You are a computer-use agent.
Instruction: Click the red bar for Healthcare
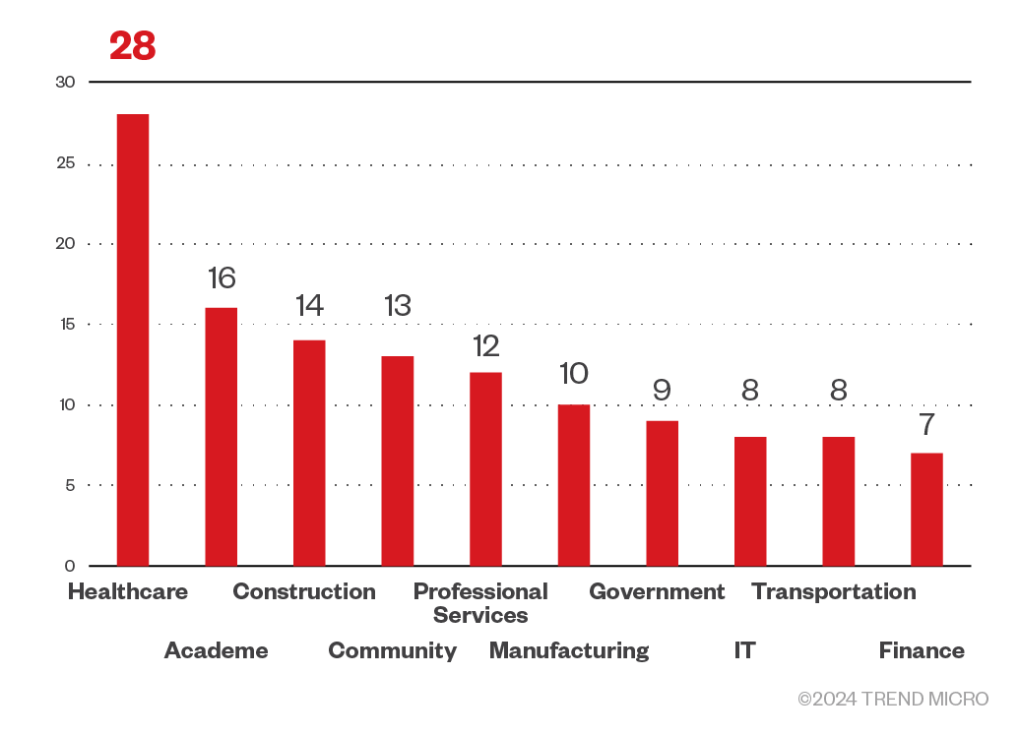(x=133, y=339)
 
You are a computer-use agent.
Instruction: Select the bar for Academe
(x=221, y=437)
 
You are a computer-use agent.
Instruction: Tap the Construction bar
(x=309, y=453)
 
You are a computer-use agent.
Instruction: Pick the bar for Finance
(x=926, y=509)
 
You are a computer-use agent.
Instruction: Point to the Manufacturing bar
(x=574, y=485)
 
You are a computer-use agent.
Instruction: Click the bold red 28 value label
(x=133, y=46)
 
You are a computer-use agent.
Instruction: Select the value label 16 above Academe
(x=222, y=278)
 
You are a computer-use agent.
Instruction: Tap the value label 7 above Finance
(x=926, y=425)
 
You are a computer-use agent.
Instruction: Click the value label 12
(x=485, y=345)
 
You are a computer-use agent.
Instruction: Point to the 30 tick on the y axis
(x=65, y=82)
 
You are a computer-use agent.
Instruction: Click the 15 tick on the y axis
(x=65, y=324)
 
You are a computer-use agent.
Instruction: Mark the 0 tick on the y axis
(x=70, y=566)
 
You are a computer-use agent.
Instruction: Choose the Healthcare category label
(x=128, y=592)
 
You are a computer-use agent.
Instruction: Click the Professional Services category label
(x=480, y=603)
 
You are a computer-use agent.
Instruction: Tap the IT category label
(x=745, y=650)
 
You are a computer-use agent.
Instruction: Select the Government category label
(x=657, y=592)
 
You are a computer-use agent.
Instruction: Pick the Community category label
(x=392, y=650)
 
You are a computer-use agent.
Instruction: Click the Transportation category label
(x=834, y=592)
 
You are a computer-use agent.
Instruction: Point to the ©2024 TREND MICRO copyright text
(x=893, y=699)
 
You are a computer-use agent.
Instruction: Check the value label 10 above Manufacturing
(x=573, y=374)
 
